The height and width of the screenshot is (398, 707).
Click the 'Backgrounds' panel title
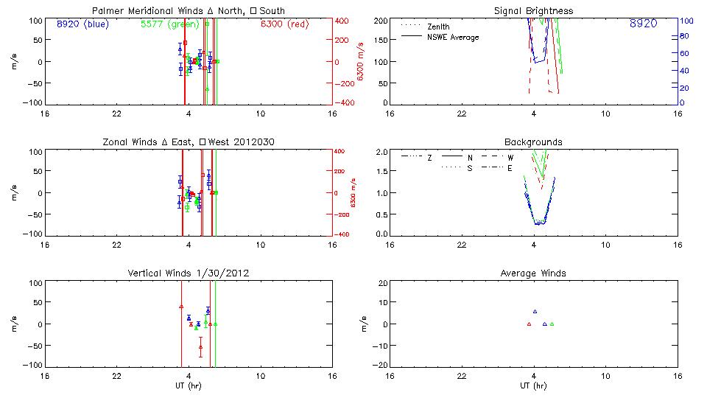(533, 142)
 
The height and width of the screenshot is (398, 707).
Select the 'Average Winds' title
(533, 273)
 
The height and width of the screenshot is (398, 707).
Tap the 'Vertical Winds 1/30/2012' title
(189, 273)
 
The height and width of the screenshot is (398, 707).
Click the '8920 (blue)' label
(82, 24)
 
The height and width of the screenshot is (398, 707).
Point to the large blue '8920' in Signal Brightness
(643, 24)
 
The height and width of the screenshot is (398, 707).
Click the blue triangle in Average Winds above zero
(535, 312)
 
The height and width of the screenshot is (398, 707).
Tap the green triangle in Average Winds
(552, 324)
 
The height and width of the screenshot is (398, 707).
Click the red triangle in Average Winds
(529, 324)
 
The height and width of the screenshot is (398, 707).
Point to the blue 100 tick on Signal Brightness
(684, 21)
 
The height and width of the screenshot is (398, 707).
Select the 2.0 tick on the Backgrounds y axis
(382, 152)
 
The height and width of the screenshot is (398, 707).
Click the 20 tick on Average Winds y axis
(382, 283)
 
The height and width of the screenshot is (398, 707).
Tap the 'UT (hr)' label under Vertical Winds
(189, 385)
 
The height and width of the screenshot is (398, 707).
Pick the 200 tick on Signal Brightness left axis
(380, 21)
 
